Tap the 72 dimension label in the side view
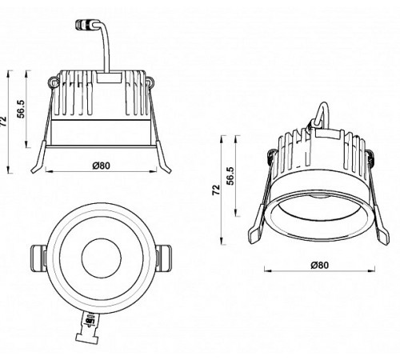click(6, 121)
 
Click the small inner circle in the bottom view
click(100, 257)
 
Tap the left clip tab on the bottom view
click(37, 258)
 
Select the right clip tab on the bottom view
click(164, 258)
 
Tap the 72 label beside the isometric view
click(216, 190)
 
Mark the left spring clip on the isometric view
click(256, 228)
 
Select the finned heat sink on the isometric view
click(320, 156)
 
